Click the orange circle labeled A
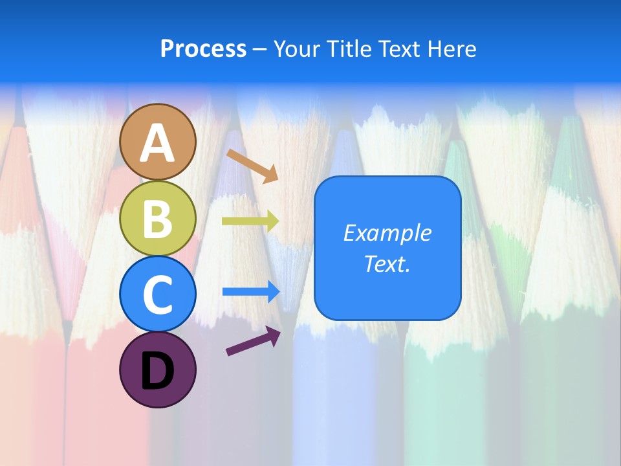point(158,141)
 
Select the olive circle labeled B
point(158,218)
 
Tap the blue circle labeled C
point(158,294)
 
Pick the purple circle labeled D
point(158,370)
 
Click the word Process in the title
point(203,49)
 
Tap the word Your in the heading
point(297,49)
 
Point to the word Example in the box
point(387,233)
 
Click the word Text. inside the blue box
point(387,264)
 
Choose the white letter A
point(158,142)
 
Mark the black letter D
point(158,371)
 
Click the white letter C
point(158,295)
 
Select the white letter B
point(158,219)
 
